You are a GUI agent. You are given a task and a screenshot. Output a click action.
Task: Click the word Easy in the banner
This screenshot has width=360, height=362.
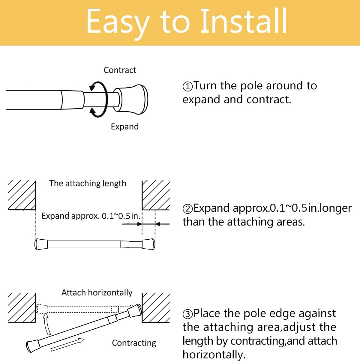[x=118, y=22]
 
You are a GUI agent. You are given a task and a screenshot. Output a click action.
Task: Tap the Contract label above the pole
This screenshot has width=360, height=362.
[x=120, y=70]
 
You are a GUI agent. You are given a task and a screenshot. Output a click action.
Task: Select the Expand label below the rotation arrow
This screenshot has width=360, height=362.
[x=124, y=127]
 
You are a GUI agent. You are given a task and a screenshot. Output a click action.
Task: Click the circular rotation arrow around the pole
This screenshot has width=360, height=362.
[x=99, y=99]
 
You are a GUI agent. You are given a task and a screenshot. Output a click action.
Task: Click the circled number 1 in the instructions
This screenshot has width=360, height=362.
[x=187, y=87]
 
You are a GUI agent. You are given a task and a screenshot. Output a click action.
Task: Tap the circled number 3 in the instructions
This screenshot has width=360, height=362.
[x=187, y=314]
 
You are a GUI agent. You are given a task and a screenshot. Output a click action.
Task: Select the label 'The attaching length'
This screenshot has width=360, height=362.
[x=88, y=183]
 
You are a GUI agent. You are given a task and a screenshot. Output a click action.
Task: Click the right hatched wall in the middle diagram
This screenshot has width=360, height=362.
[x=156, y=195]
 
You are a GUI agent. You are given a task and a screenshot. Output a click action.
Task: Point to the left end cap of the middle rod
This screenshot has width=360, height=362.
[x=41, y=244]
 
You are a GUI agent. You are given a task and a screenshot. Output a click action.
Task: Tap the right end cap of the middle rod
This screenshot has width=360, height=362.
[x=148, y=244]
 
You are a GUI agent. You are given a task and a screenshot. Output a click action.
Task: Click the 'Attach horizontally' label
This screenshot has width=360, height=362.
[x=97, y=292]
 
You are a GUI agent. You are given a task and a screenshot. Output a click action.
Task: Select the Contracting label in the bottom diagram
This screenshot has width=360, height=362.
[x=134, y=343]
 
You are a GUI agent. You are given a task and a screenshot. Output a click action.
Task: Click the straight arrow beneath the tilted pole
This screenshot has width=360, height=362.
[x=67, y=344]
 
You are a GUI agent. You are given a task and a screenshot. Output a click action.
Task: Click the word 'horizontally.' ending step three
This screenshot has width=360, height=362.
[x=214, y=355]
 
